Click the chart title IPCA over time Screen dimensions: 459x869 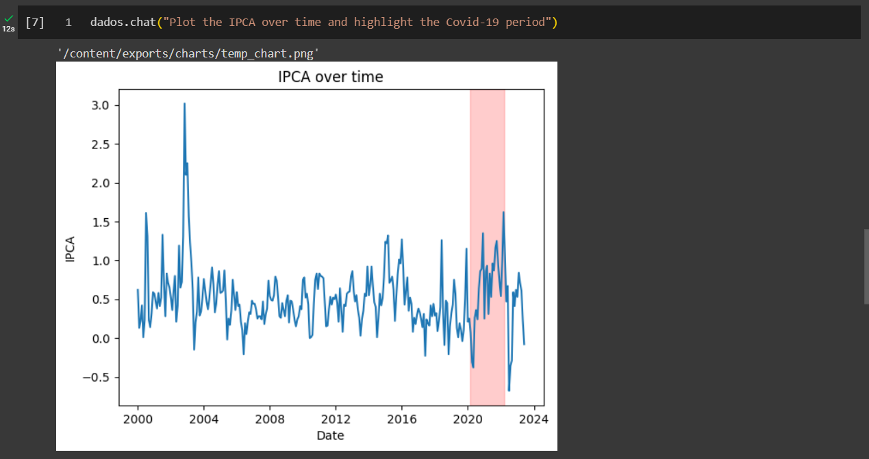coord(330,77)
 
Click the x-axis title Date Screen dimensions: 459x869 coord(330,436)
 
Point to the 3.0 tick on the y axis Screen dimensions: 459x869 coord(103,105)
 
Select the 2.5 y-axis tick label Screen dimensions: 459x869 coord(103,144)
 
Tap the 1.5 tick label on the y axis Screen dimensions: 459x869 coord(103,222)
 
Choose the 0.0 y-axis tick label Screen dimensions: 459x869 coord(103,339)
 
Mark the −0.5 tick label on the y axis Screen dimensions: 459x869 coord(100,378)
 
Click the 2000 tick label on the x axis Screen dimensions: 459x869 coord(138,419)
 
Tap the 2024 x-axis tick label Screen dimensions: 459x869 coord(533,419)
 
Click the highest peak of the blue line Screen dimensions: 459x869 coord(184,104)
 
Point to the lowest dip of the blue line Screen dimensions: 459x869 coord(509,390)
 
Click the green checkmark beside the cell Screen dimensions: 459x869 coord(8,19)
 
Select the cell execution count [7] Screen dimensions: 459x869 coord(34,23)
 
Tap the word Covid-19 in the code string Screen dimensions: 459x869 coord(472,23)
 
